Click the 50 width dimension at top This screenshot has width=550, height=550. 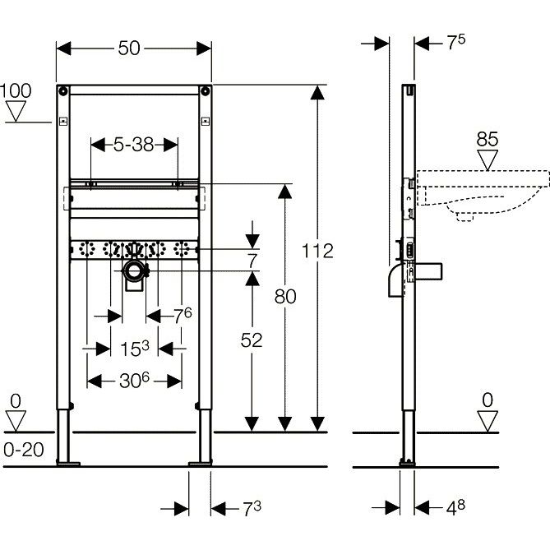[x=129, y=48]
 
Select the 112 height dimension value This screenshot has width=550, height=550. [x=317, y=251]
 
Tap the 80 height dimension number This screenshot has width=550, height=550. [x=285, y=297]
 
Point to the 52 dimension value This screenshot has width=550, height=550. [x=252, y=340]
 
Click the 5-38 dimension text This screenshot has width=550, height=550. [x=134, y=145]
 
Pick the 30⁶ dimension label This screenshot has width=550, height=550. [x=134, y=381]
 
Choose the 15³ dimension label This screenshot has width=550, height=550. [x=135, y=349]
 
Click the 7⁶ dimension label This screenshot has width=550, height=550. [x=183, y=316]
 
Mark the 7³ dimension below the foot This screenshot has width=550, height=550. [x=252, y=509]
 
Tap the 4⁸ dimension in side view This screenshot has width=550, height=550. [x=455, y=508]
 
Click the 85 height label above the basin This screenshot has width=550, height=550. [x=488, y=139]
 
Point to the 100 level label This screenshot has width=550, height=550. [x=16, y=91]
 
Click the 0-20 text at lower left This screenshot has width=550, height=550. [x=24, y=450]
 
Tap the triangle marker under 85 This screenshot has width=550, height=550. [x=488, y=160]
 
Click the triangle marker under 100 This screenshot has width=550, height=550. [x=16, y=111]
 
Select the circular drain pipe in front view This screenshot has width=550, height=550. [x=134, y=270]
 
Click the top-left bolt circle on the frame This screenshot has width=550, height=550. [x=63, y=91]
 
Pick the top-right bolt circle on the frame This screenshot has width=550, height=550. [x=205, y=91]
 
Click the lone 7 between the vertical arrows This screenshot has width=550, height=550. [x=252, y=261]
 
